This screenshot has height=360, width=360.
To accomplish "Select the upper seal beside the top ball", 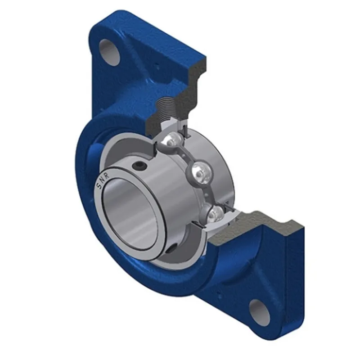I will [184, 130].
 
